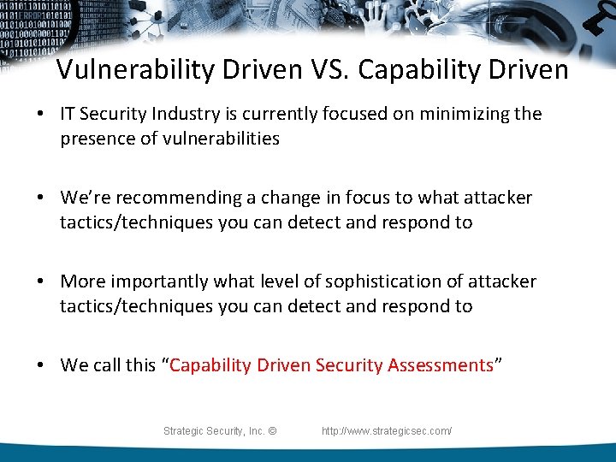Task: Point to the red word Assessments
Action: [440, 365]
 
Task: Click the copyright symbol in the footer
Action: [272, 431]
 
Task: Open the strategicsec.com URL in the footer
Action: [387, 431]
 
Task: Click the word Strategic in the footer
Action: [185, 431]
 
